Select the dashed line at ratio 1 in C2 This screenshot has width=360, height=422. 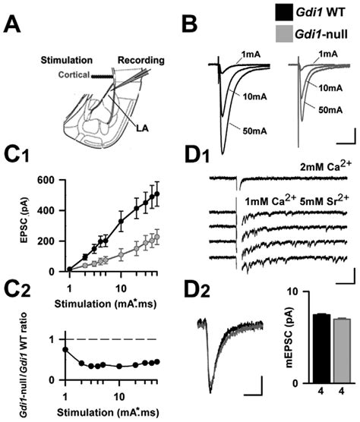point(114,339)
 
